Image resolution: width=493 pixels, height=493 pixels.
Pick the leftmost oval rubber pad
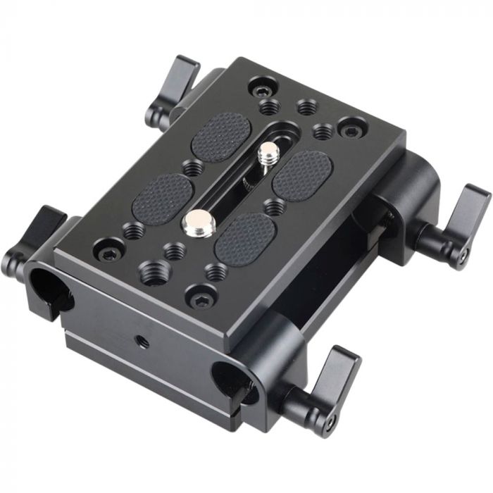163,199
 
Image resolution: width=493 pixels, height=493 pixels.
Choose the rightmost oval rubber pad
303,173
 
